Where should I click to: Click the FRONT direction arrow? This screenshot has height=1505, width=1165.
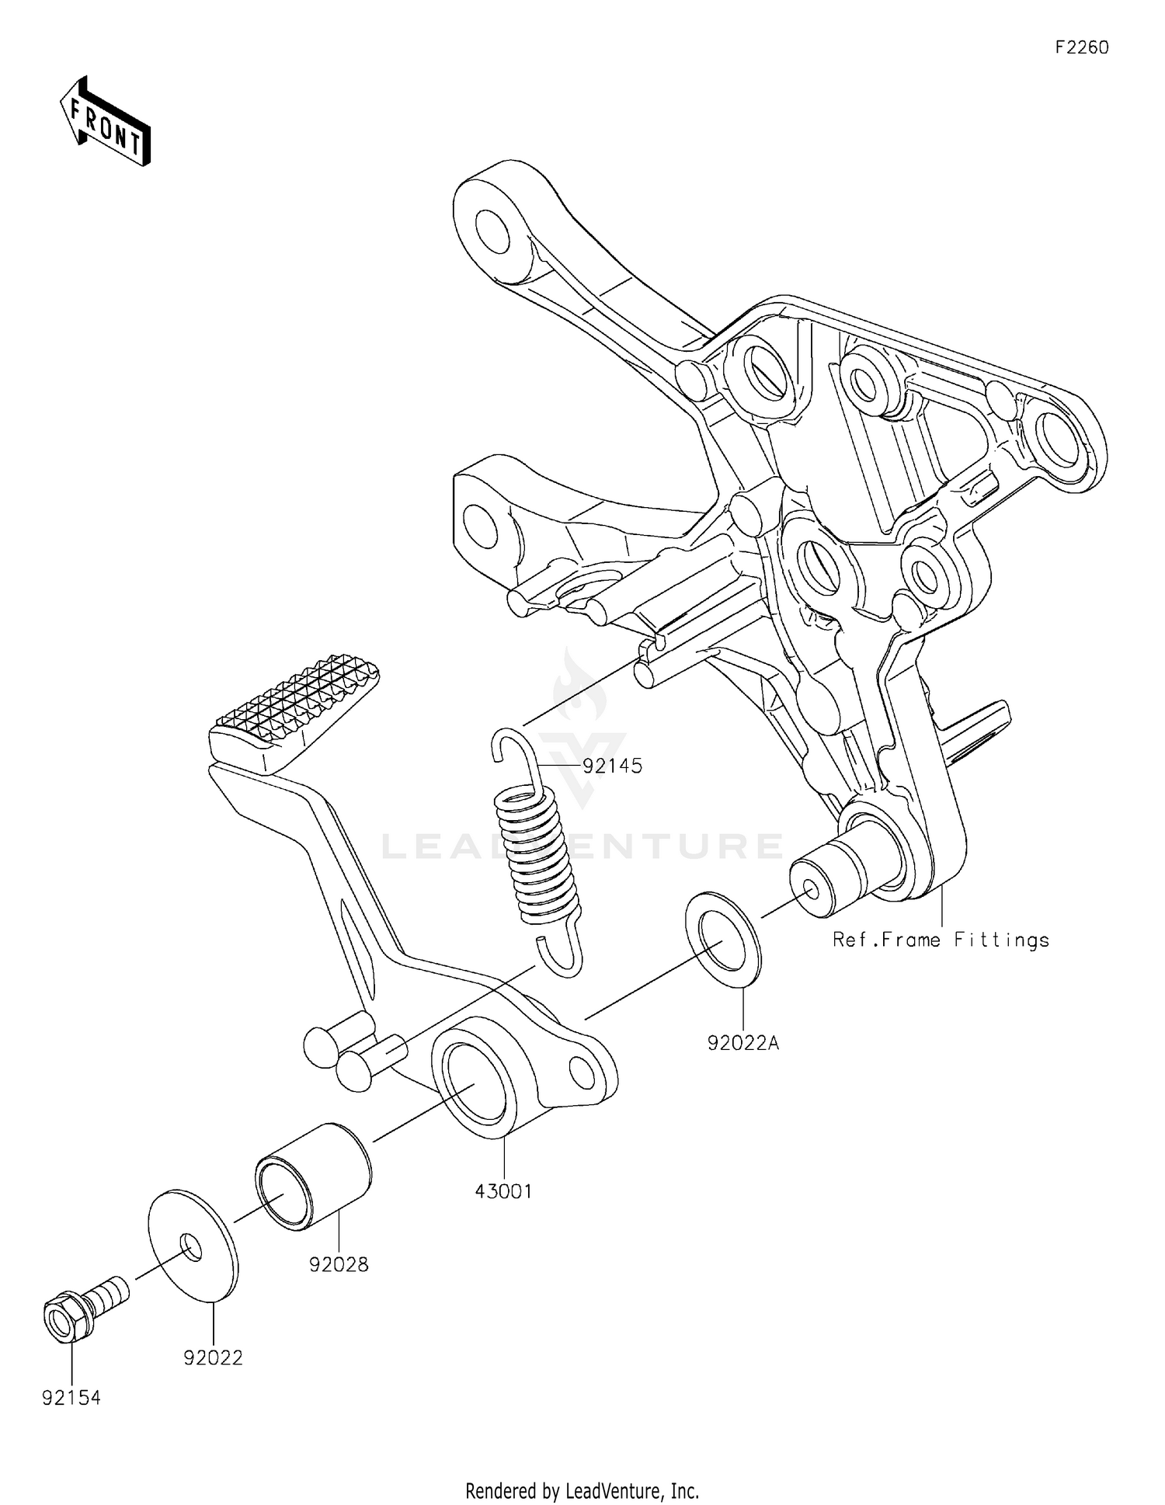point(106,122)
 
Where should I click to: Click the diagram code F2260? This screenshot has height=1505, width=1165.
point(1081,47)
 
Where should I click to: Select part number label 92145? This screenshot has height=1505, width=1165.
point(612,766)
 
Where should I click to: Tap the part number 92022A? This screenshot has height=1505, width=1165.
point(742,1043)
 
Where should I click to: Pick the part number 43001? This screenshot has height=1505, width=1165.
point(503,1191)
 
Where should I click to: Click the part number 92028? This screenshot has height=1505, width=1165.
point(339,1265)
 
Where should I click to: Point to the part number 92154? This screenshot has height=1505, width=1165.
point(71,1399)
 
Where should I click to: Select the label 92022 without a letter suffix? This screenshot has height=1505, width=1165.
point(213,1358)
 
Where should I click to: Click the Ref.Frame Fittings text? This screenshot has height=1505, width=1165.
point(941,940)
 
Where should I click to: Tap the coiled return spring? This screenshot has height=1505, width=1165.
point(537,854)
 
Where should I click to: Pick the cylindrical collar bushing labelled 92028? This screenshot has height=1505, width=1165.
point(313,1177)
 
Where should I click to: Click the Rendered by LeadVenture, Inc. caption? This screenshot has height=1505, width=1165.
point(582,1490)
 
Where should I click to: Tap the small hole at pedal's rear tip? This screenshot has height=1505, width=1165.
point(582,1072)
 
